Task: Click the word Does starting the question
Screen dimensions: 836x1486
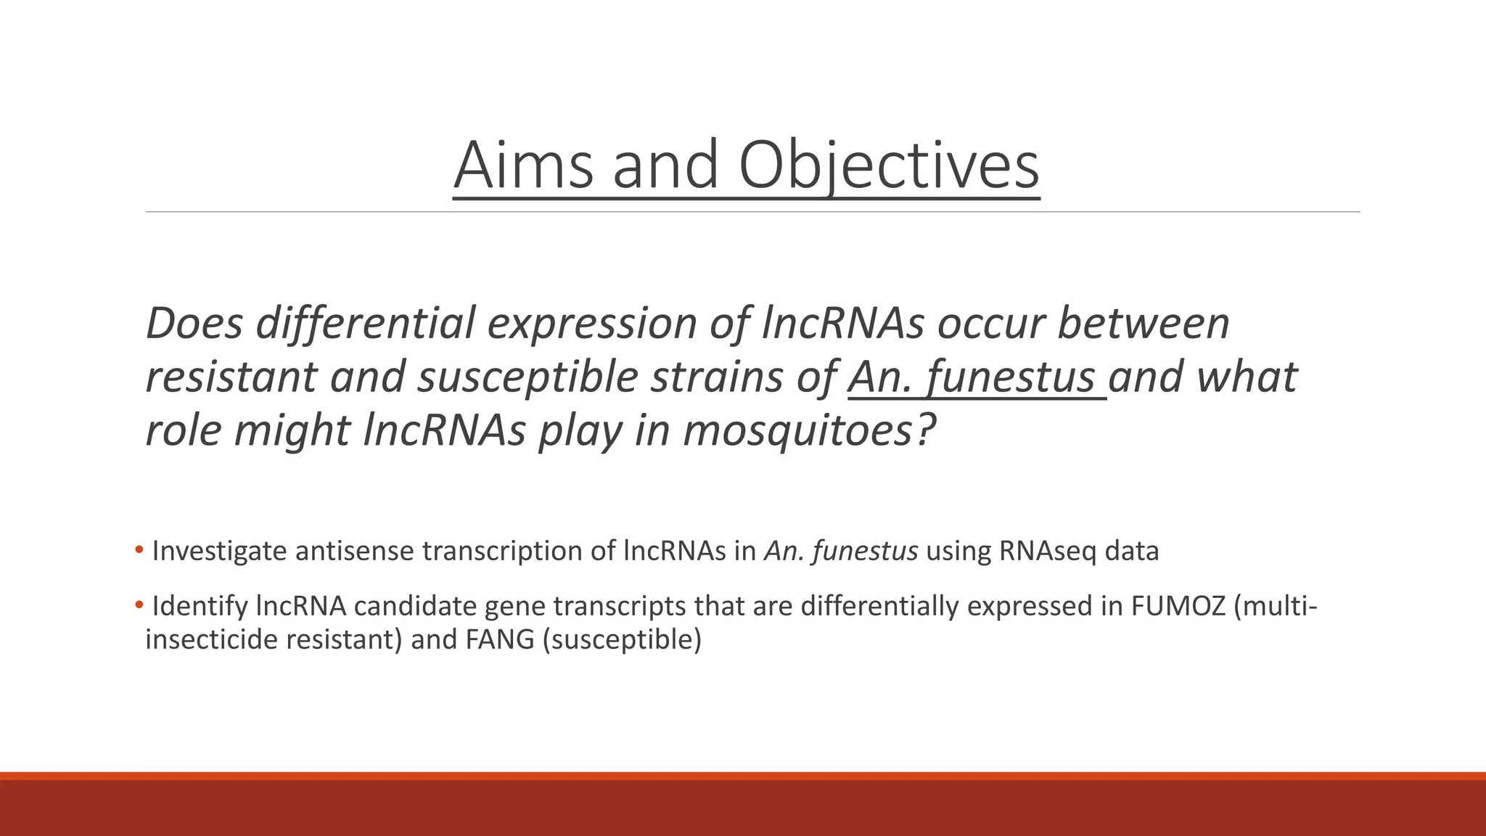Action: tap(194, 323)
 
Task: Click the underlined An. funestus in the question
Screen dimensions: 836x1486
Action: tap(976, 377)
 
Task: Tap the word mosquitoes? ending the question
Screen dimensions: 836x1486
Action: tap(809, 430)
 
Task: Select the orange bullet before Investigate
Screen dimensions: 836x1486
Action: tap(139, 550)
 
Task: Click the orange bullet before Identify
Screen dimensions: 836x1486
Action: tap(139, 605)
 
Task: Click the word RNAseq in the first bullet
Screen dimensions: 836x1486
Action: tap(1047, 552)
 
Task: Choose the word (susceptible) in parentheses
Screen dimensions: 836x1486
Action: tap(622, 640)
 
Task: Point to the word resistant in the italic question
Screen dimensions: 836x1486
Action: tap(231, 377)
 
